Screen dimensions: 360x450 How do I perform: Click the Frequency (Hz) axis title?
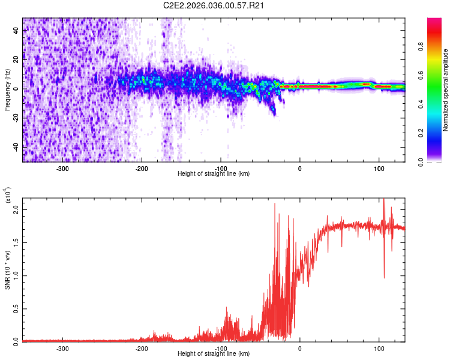pos(8,90)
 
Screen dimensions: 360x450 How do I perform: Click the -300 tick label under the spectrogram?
pos(62,169)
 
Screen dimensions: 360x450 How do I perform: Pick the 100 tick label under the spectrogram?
pos(379,169)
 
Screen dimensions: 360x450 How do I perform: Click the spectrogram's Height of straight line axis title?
pos(214,174)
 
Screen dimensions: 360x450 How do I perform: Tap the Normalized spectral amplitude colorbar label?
pos(446,90)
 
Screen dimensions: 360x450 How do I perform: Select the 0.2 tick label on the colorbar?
pos(439,133)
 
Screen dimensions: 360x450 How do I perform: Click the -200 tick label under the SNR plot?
pos(142,349)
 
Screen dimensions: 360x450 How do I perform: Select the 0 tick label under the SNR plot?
pos(300,349)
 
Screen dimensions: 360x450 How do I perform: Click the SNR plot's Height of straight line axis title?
pos(214,353)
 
